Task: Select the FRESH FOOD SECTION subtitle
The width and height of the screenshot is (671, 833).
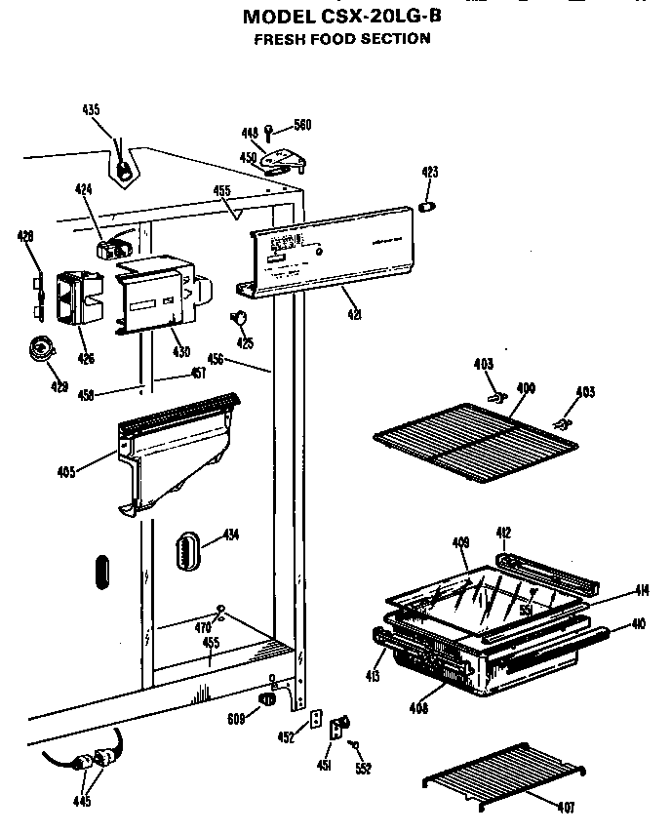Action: [x=341, y=39]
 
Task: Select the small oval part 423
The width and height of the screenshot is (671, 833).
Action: [x=427, y=207]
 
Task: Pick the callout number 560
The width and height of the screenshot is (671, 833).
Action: [x=301, y=125]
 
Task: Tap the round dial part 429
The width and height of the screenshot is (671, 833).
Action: [x=43, y=349]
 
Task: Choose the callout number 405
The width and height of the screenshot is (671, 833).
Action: [x=66, y=475]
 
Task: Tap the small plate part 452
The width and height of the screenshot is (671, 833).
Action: [x=316, y=719]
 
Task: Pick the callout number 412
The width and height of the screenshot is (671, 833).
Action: [x=503, y=533]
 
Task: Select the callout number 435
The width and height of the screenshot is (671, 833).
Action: [x=91, y=110]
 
